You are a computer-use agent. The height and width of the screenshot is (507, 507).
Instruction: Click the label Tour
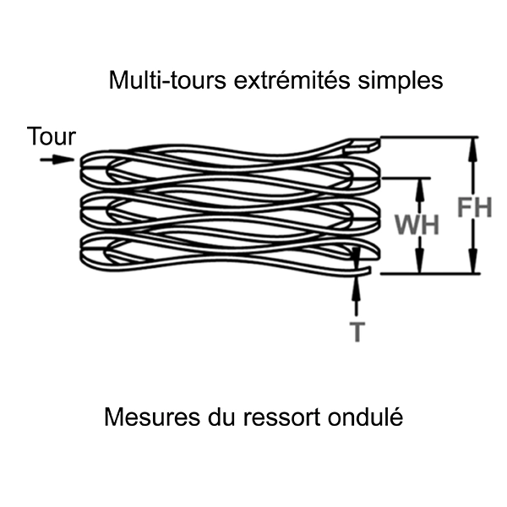coord(52,136)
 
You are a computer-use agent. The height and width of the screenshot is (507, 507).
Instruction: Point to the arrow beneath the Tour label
coord(56,159)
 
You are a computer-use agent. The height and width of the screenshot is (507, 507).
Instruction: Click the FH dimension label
coord(473,207)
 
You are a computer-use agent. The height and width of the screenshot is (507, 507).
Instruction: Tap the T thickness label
coord(357,332)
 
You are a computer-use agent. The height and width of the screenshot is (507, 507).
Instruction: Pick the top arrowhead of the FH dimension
coord(473,144)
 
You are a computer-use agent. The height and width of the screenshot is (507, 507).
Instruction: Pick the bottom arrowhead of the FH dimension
coord(473,267)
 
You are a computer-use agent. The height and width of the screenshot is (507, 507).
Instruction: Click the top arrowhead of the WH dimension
coord(417,184)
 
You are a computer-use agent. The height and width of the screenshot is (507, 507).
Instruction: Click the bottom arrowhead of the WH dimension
coord(417,267)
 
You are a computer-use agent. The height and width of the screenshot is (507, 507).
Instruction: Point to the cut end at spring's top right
coord(370,145)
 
